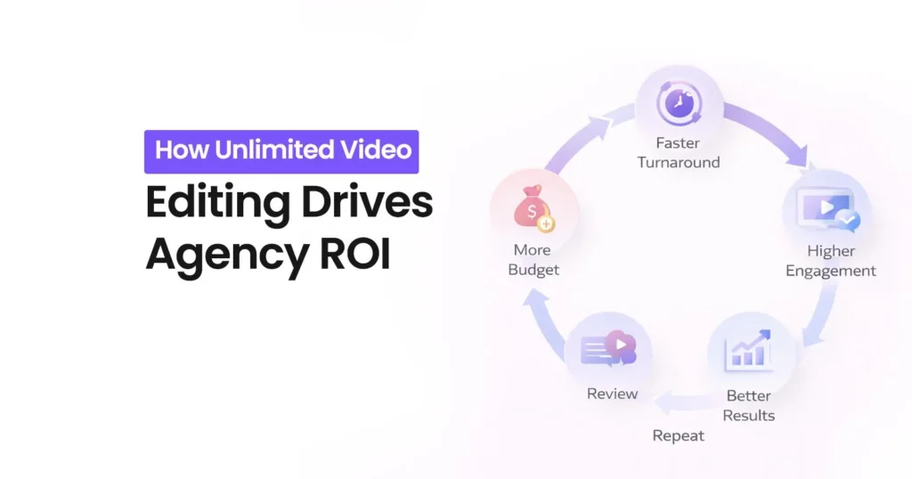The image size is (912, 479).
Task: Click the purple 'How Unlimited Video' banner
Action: (281, 150)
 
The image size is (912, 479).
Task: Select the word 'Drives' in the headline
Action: (367, 203)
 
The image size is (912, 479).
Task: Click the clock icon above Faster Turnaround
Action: (678, 104)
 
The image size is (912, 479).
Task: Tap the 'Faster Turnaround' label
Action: (678, 152)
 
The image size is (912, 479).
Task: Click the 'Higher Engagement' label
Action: (830, 261)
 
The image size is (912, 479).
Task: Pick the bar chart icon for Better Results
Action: (748, 351)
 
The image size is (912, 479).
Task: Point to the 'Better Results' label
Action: (748, 405)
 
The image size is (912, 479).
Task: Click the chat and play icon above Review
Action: (608, 348)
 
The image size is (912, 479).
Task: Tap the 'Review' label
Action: (612, 394)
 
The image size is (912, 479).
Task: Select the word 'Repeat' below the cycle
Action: (678, 435)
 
